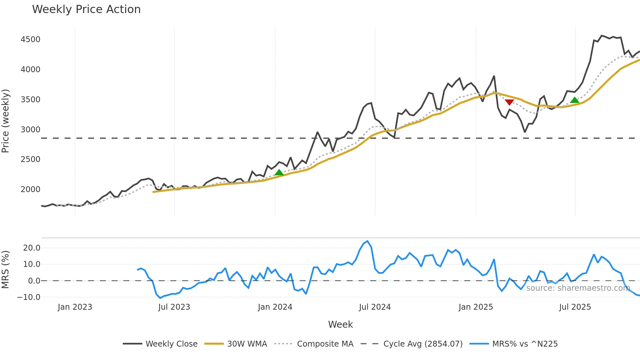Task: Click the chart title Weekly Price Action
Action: (86, 9)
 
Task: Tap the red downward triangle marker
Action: (509, 102)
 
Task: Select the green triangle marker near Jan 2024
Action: (279, 172)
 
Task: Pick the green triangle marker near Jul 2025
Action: (575, 100)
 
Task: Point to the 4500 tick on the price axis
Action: (30, 40)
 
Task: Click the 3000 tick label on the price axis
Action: (30, 129)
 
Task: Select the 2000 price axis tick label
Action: (30, 189)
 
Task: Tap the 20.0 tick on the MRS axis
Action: (32, 248)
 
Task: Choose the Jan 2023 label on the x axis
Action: (75, 307)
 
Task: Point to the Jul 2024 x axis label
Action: (375, 307)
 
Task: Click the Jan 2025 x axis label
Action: (475, 307)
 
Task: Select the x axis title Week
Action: (340, 324)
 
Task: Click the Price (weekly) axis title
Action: (6, 121)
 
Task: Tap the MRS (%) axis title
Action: (6, 270)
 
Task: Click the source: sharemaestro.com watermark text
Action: (578, 288)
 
